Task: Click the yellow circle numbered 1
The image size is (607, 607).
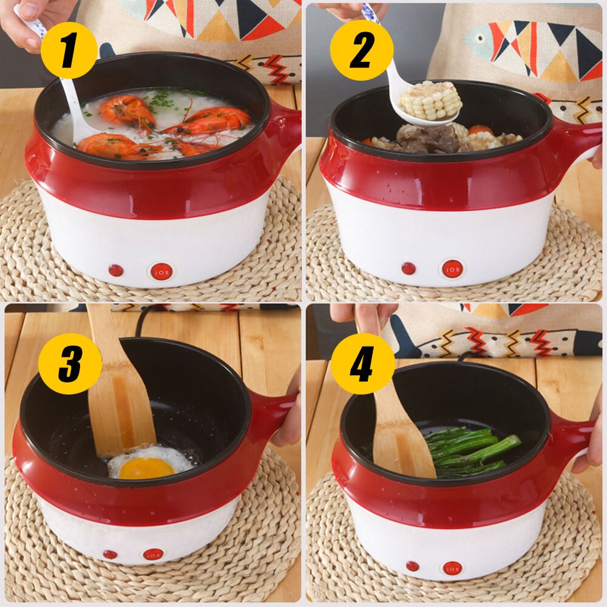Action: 69,50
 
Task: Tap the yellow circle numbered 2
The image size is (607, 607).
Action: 362,50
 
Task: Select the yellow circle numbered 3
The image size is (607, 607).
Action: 70,364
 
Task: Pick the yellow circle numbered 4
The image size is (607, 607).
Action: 363,364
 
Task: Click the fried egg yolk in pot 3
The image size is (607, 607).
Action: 146,469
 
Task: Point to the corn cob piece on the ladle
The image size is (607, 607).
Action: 430,100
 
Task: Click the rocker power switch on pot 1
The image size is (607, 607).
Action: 161,272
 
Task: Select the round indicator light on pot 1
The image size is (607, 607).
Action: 116,270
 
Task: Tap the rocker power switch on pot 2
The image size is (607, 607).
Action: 453,269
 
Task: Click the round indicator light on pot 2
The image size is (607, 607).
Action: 409,268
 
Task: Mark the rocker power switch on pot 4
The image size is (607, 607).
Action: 452,568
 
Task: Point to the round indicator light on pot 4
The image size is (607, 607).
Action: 412,566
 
